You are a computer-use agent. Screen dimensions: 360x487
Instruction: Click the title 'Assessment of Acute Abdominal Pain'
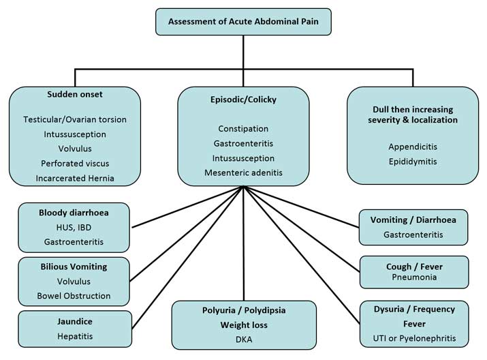(x=243, y=22)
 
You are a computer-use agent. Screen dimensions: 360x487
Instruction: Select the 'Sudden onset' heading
(x=75, y=94)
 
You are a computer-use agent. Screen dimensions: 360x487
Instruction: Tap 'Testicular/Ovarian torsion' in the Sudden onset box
(x=75, y=119)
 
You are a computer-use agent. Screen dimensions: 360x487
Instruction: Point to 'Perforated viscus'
(x=75, y=164)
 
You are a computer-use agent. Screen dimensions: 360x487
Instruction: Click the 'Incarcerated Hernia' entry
(x=75, y=178)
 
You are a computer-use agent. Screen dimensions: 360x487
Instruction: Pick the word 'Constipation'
(x=243, y=129)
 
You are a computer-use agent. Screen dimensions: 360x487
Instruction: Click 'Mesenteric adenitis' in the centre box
(x=243, y=173)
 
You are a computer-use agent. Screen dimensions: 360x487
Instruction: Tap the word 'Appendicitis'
(x=412, y=146)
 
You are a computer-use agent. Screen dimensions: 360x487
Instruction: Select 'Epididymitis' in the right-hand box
(x=412, y=162)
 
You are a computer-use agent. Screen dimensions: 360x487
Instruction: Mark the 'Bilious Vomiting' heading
(x=74, y=265)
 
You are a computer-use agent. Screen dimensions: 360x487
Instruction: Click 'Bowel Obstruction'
(x=74, y=296)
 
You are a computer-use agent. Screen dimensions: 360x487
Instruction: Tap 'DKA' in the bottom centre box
(x=243, y=339)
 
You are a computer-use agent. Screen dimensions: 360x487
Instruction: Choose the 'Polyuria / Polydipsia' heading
(x=243, y=310)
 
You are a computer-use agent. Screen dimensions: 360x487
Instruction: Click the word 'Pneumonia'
(x=413, y=278)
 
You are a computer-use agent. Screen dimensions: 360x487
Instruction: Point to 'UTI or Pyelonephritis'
(x=413, y=338)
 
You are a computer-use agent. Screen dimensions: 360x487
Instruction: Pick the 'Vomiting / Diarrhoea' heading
(x=413, y=220)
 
